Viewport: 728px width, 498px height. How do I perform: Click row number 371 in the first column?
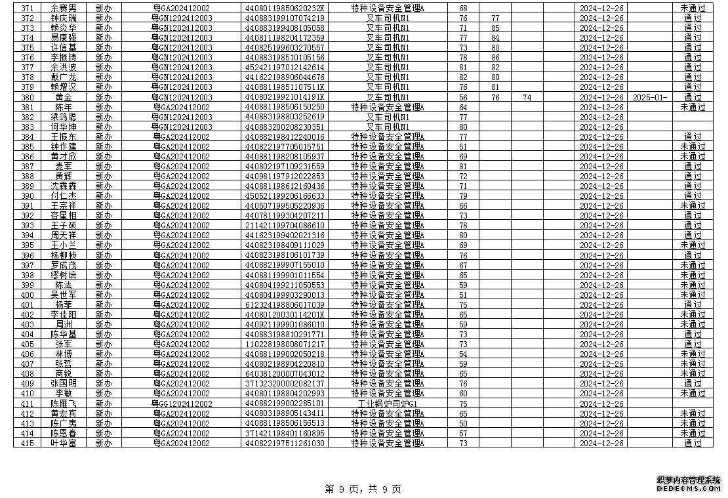pyautogui.click(x=27, y=8)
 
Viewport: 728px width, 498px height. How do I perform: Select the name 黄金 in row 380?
pyautogui.click(x=64, y=97)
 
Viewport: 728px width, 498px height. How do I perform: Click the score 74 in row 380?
pyautogui.click(x=527, y=97)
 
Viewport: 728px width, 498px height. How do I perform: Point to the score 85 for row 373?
pyautogui.click(x=495, y=28)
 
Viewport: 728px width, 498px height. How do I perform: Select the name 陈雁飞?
pyautogui.click(x=64, y=404)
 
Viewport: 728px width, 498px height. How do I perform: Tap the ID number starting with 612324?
pyautogui.click(x=285, y=304)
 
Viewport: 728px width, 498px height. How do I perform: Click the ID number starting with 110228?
pyautogui.click(x=285, y=344)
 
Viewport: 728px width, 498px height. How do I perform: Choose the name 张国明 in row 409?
pyautogui.click(x=64, y=383)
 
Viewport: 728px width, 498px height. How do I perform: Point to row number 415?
pyautogui.click(x=27, y=443)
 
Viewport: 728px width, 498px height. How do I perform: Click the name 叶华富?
pyautogui.click(x=64, y=443)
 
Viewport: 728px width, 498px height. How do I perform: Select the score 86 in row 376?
pyautogui.click(x=495, y=58)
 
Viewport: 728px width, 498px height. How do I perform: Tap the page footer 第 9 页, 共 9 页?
pyautogui.click(x=363, y=489)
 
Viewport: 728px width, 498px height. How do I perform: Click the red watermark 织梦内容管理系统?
pyautogui.click(x=688, y=480)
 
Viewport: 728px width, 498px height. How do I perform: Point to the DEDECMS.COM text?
pyautogui.click(x=688, y=489)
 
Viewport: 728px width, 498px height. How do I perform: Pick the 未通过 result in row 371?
pyautogui.click(x=693, y=8)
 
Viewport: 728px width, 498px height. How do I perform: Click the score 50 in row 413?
pyautogui.click(x=463, y=423)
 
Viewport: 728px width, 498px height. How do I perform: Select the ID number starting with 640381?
pyautogui.click(x=285, y=373)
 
